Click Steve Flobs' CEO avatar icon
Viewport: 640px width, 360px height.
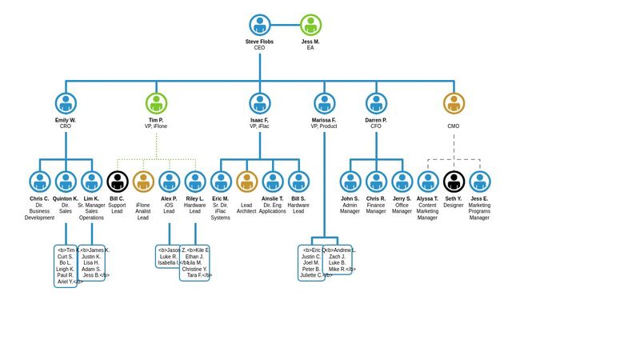pyautogui.click(x=260, y=25)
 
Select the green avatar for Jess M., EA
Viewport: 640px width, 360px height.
pyautogui.click(x=310, y=25)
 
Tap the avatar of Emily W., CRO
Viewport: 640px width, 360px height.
pyautogui.click(x=66, y=103)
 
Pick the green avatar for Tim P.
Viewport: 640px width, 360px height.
pyautogui.click(x=156, y=103)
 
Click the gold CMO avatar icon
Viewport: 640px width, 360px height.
pyautogui.click(x=454, y=103)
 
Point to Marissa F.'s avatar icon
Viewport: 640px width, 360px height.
pyautogui.click(x=324, y=103)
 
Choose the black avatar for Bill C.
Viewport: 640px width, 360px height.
pyautogui.click(x=118, y=182)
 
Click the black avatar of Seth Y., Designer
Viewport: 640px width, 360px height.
pyautogui.click(x=454, y=182)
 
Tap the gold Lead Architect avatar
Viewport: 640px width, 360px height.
pyautogui.click(x=246, y=182)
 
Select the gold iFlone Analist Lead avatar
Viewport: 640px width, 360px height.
pyautogui.click(x=143, y=182)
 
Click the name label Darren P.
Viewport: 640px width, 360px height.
pyautogui.click(x=376, y=120)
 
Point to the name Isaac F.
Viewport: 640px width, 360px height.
pyautogui.click(x=259, y=120)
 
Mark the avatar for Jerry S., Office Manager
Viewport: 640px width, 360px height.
pyautogui.click(x=402, y=182)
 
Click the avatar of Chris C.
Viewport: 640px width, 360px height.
pyautogui.click(x=40, y=182)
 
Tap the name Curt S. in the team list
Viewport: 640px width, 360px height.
pyautogui.click(x=66, y=256)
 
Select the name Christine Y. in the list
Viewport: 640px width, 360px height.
pyautogui.click(x=194, y=269)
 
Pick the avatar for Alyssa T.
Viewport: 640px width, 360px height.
pyautogui.click(x=428, y=182)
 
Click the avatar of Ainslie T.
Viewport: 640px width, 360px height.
pyautogui.click(x=273, y=182)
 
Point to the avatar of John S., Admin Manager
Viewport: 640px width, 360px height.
pyautogui.click(x=350, y=182)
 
